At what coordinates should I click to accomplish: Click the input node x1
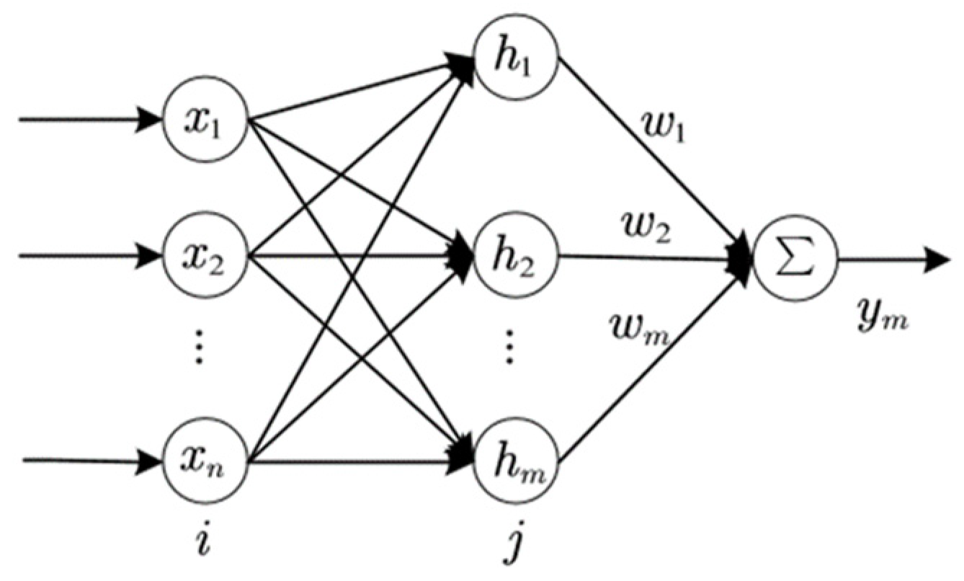(x=206, y=120)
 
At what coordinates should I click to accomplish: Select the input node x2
(x=206, y=256)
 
